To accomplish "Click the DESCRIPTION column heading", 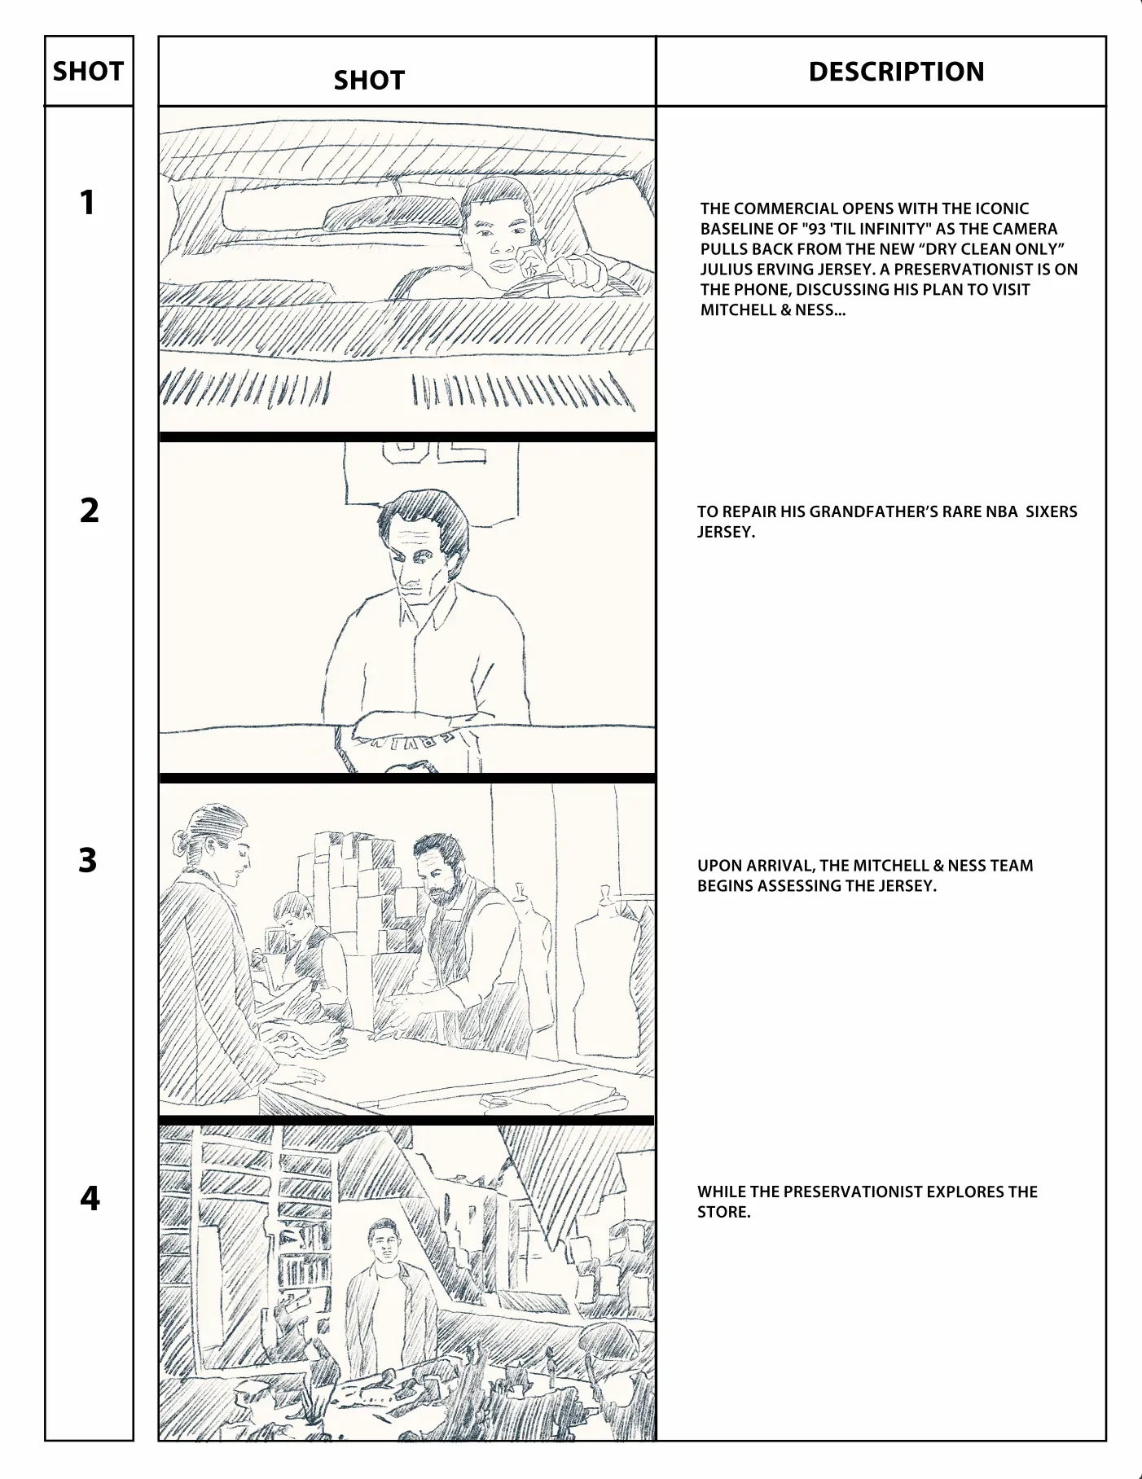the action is (896, 72).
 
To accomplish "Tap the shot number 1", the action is (87, 203).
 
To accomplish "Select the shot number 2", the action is (89, 510).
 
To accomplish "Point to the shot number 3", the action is (88, 860).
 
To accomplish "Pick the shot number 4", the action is (90, 1198).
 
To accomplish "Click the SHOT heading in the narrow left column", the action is (88, 72).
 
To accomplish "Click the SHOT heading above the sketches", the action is (369, 81).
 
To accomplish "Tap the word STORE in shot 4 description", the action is (723, 1212).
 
